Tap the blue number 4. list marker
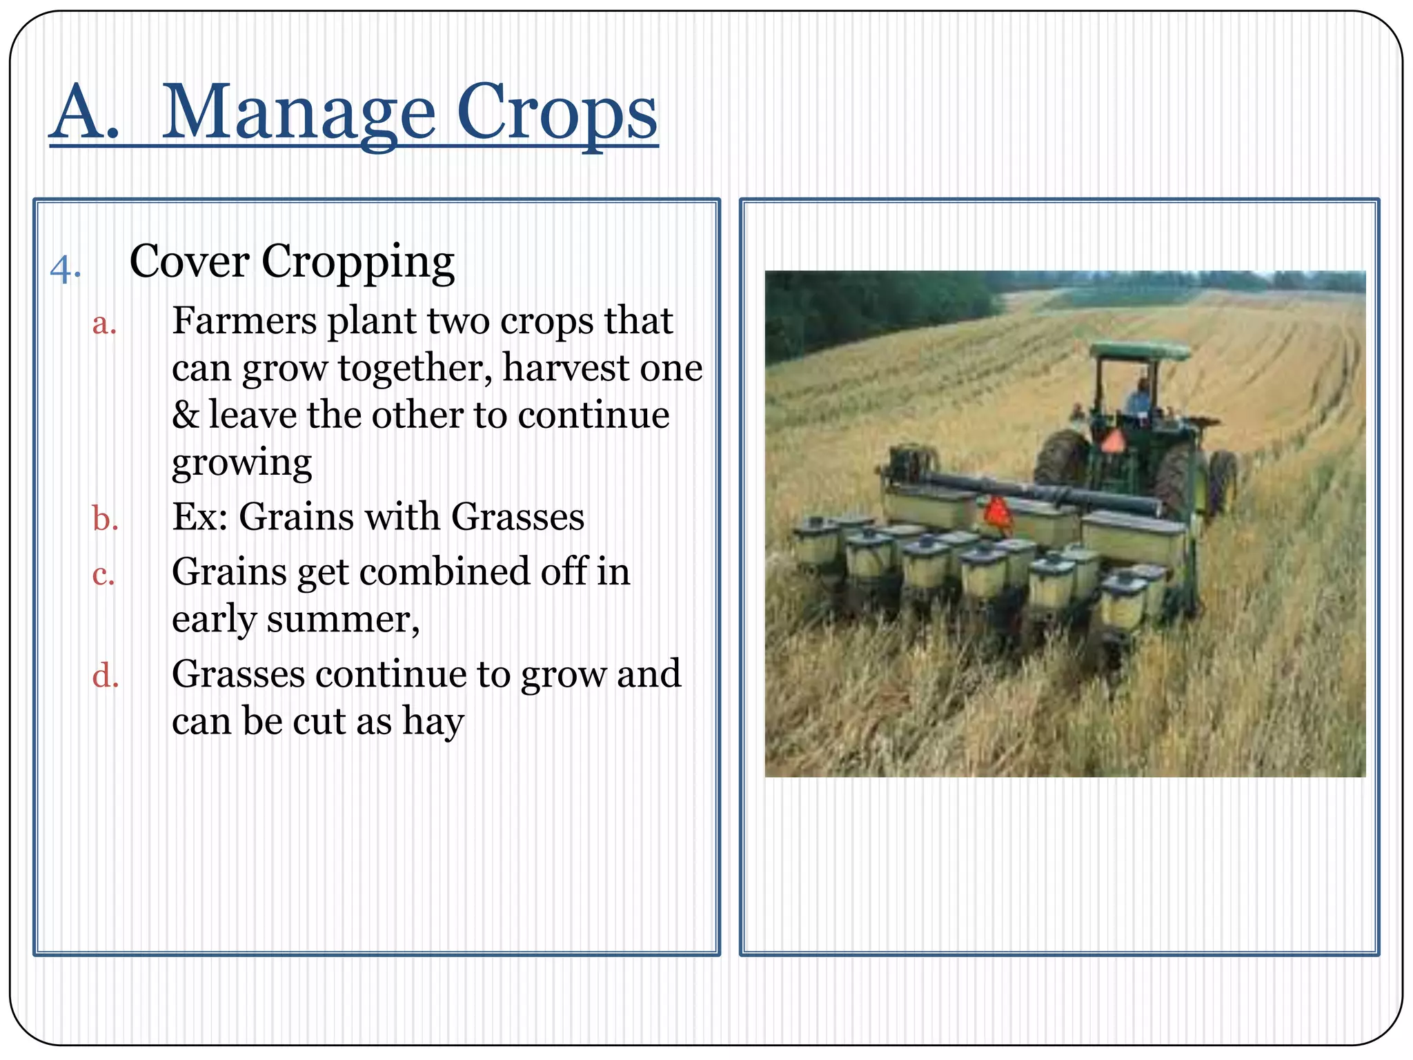point(66,270)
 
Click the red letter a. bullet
point(104,324)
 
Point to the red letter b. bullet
point(105,519)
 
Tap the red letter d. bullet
point(105,676)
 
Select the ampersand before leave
point(185,415)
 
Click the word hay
point(433,723)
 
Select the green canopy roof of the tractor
point(1139,351)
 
